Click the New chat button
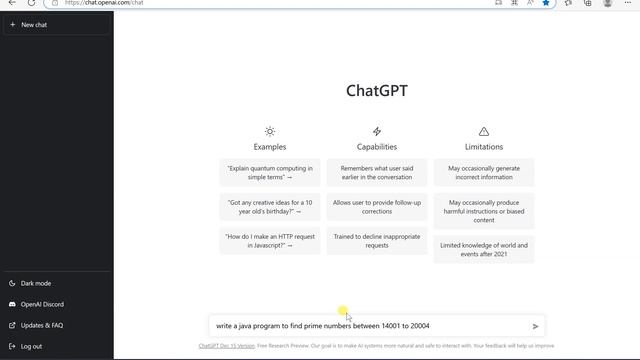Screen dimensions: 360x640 pyautogui.click(x=34, y=24)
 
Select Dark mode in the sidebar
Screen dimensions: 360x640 pyautogui.click(x=36, y=283)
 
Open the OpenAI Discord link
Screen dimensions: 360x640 pyautogui.click(x=42, y=304)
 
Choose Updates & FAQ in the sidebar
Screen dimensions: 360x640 pyautogui.click(x=42, y=325)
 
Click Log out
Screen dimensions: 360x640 pyautogui.click(x=31, y=346)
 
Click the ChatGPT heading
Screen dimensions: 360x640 pyautogui.click(x=377, y=91)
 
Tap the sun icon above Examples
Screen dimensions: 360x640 pyautogui.click(x=270, y=131)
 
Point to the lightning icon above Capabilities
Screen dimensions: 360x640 pyautogui.click(x=377, y=131)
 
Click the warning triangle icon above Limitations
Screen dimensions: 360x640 pyautogui.click(x=484, y=131)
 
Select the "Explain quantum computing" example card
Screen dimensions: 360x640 pyautogui.click(x=270, y=173)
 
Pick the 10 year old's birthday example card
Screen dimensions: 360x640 pyautogui.click(x=270, y=207)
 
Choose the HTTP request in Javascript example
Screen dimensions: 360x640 pyautogui.click(x=270, y=241)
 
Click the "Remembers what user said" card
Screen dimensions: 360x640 pyautogui.click(x=377, y=173)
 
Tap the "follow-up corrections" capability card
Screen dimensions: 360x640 pyautogui.click(x=377, y=207)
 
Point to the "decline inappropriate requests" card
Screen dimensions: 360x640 pyautogui.click(x=377, y=241)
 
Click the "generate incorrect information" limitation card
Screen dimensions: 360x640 pyautogui.click(x=484, y=173)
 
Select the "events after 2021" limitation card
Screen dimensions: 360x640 pyautogui.click(x=484, y=248)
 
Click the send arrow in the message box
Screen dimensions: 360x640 pyautogui.click(x=536, y=326)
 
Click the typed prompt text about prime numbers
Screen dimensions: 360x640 pyautogui.click(x=322, y=326)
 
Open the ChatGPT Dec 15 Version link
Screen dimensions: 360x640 pyautogui.click(x=226, y=346)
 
